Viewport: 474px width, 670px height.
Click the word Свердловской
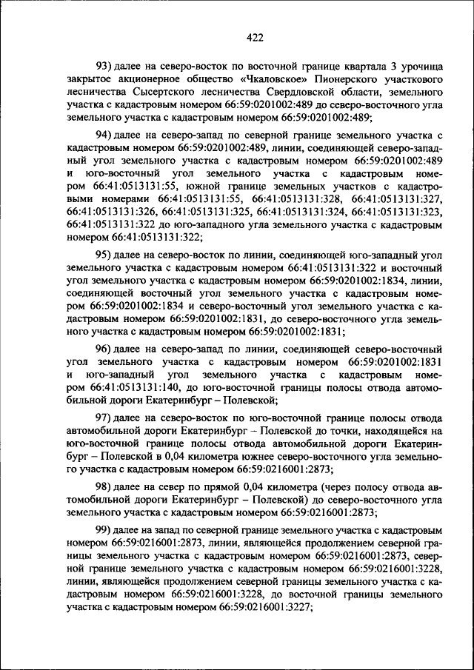pos(344,92)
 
